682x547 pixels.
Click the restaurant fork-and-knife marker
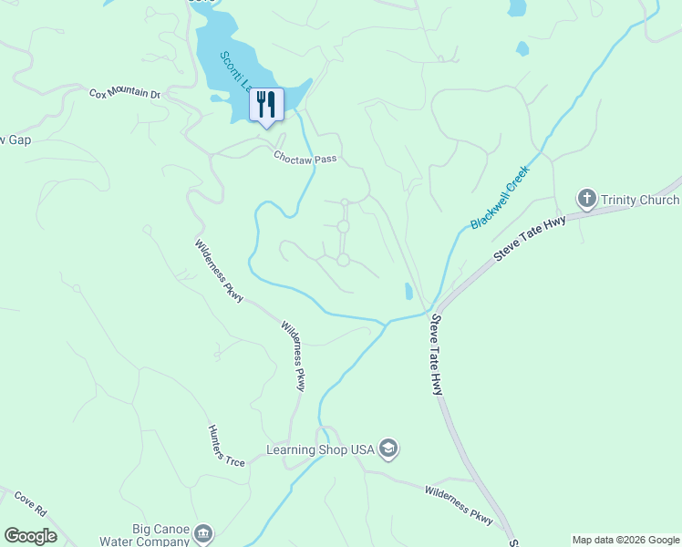(x=266, y=105)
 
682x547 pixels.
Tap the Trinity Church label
(x=640, y=200)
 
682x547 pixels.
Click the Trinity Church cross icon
(x=586, y=198)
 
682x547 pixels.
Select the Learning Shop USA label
(x=320, y=449)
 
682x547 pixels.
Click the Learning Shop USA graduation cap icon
(x=388, y=449)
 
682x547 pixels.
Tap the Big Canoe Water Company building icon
(x=203, y=532)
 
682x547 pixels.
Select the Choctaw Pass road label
(x=305, y=158)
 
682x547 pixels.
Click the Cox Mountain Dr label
(x=124, y=94)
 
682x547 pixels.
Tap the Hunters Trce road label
(x=226, y=447)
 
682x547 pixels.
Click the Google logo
(x=30, y=536)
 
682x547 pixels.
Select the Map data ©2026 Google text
(x=625, y=540)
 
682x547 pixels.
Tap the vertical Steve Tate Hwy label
(x=437, y=355)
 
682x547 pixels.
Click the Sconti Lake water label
(x=235, y=75)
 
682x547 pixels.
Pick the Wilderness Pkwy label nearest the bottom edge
(x=459, y=505)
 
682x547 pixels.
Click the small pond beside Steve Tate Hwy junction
(x=408, y=292)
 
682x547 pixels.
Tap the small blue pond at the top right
(x=517, y=7)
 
